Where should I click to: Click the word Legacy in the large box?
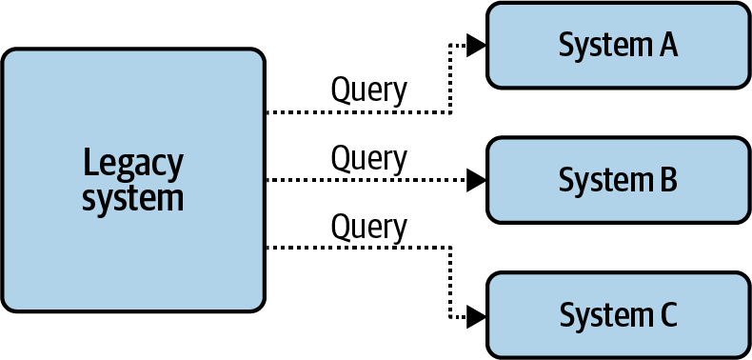pyautogui.click(x=132, y=164)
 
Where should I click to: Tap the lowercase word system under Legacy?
pyautogui.click(x=132, y=199)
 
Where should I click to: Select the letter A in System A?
pyautogui.click(x=665, y=45)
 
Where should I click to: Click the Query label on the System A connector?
pyautogui.click(x=368, y=90)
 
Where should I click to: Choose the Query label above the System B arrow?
pyautogui.click(x=368, y=157)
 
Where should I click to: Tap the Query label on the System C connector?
pyautogui.click(x=368, y=227)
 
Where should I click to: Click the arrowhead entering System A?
pyautogui.click(x=477, y=45)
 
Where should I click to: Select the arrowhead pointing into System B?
pyautogui.click(x=477, y=179)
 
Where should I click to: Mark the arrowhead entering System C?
pyautogui.click(x=477, y=314)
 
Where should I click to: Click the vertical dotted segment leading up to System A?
pyautogui.click(x=450, y=78)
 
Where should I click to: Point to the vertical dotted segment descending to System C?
pyautogui.click(x=450, y=281)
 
